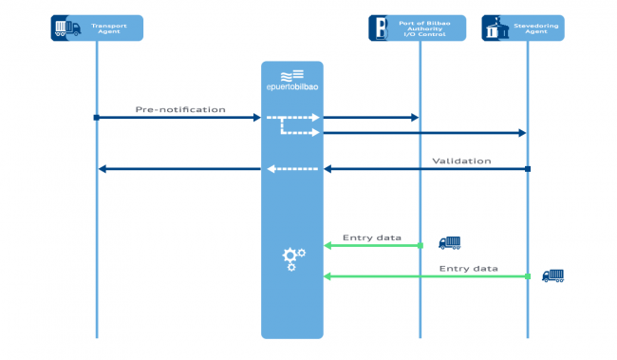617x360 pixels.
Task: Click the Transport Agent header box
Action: (x=97, y=28)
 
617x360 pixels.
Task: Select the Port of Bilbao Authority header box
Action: (x=418, y=28)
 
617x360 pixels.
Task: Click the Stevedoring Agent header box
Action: (x=523, y=28)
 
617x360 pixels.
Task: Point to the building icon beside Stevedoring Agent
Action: (x=493, y=28)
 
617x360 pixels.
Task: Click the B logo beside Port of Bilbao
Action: (x=378, y=28)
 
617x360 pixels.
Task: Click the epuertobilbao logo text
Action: (x=291, y=85)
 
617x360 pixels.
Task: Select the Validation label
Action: (x=461, y=161)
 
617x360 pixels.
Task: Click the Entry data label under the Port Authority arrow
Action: (x=372, y=237)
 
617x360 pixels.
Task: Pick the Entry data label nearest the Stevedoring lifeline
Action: (x=469, y=269)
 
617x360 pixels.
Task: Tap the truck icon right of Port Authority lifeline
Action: (x=449, y=243)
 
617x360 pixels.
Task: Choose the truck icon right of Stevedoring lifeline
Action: (x=552, y=275)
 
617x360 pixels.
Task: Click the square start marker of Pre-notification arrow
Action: (x=97, y=118)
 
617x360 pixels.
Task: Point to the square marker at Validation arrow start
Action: (x=528, y=169)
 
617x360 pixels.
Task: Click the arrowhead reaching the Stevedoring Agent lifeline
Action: (x=521, y=133)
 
